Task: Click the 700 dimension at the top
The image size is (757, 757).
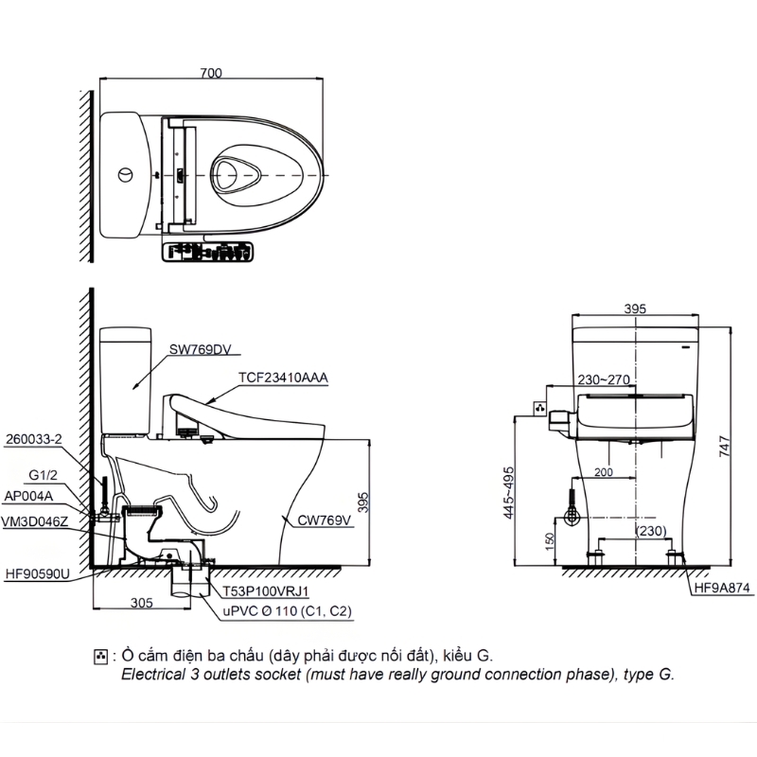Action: [x=211, y=73]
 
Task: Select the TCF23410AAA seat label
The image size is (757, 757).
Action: [x=283, y=378]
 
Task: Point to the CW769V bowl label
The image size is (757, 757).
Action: [x=324, y=520]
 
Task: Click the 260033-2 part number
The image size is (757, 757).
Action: [x=34, y=439]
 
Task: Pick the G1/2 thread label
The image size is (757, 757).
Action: [x=43, y=476]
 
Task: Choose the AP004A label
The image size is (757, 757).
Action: [x=28, y=496]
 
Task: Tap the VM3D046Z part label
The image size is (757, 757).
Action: [x=35, y=522]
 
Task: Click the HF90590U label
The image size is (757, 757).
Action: [x=38, y=574]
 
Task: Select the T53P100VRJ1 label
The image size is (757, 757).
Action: [x=266, y=591]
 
